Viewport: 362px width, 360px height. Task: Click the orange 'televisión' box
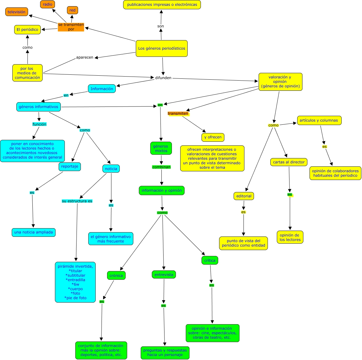(17, 12)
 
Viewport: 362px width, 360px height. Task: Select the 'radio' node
(48, 4)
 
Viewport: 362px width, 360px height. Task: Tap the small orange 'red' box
(73, 10)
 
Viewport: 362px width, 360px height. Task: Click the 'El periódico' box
(27, 30)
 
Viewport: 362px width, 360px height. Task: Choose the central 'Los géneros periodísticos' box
(162, 48)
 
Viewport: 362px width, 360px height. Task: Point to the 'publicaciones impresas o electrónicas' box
(162, 5)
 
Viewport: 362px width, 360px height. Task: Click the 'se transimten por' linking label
(71, 27)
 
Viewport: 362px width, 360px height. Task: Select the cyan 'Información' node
(102, 89)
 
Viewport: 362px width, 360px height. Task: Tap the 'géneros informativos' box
(39, 107)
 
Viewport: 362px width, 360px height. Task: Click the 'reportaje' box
(70, 166)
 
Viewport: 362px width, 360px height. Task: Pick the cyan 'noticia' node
(111, 169)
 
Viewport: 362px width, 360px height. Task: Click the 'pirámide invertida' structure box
(75, 282)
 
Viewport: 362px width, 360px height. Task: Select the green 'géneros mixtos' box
(161, 149)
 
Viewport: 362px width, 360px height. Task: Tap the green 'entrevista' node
(164, 274)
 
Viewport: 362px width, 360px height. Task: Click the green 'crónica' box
(116, 275)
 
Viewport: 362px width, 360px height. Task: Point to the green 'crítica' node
(210, 260)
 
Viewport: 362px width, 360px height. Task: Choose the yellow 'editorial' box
(244, 196)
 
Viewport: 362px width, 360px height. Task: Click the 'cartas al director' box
(289, 162)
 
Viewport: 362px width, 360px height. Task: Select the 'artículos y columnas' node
(319, 120)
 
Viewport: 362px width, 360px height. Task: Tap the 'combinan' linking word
(161, 167)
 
